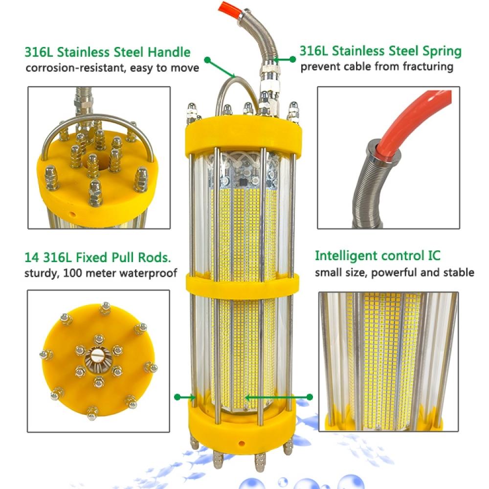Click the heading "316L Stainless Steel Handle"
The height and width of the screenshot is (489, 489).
click(x=108, y=52)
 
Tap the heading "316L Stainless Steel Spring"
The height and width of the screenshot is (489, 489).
click(x=380, y=51)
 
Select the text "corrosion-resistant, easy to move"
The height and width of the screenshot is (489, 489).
click(x=112, y=67)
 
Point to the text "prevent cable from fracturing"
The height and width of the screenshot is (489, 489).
click(x=377, y=66)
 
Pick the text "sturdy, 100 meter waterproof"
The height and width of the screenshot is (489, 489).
click(x=101, y=272)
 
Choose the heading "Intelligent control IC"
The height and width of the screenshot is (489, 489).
click(x=378, y=256)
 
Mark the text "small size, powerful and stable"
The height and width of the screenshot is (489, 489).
click(x=394, y=272)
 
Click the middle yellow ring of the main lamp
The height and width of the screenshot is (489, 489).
click(x=243, y=283)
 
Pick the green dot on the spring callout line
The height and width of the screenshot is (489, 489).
click(x=293, y=59)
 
